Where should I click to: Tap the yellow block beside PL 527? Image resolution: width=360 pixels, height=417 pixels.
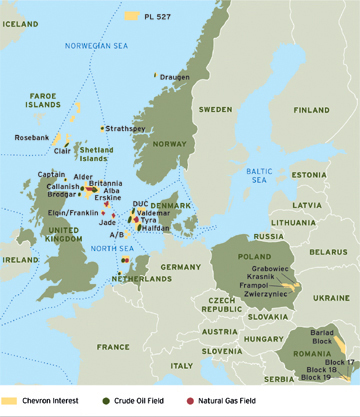tap(132, 16)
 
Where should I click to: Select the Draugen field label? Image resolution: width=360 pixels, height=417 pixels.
tap(176, 76)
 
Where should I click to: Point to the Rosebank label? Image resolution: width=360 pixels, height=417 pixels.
tap(31, 137)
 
